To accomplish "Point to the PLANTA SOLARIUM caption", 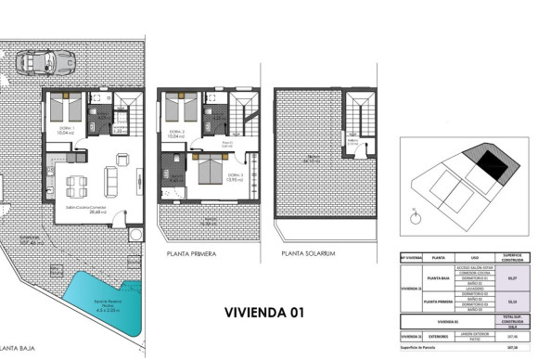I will click(x=310, y=253).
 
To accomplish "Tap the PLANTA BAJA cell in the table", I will click(x=437, y=276).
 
